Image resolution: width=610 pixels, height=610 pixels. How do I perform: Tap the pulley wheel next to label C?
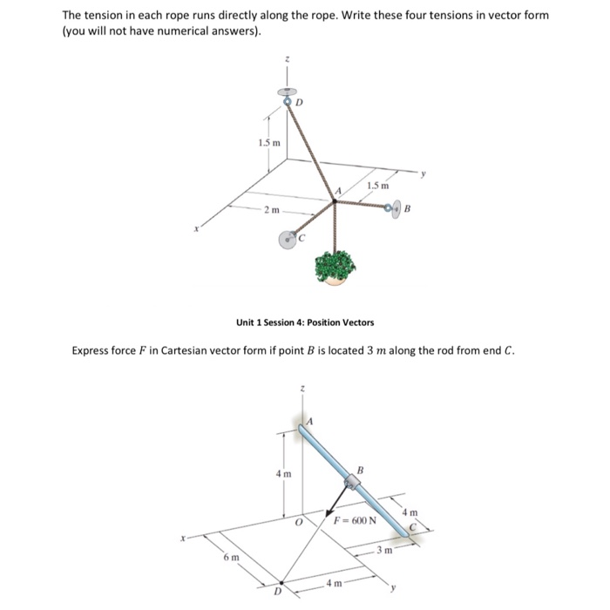point(288,239)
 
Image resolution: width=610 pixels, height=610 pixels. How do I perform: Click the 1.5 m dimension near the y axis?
point(377,186)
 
